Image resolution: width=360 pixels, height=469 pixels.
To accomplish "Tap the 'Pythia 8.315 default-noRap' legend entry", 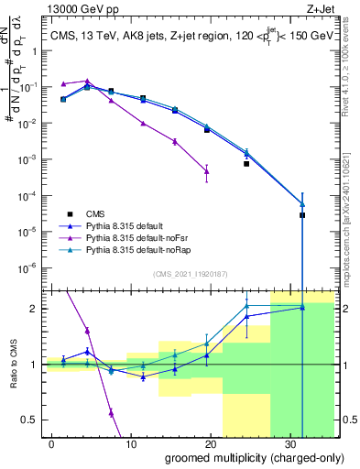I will click(x=147, y=249).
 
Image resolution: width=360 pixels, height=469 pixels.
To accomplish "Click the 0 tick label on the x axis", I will click(x=51, y=442).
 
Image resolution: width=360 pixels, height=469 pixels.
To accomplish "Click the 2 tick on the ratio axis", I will click(x=33, y=309).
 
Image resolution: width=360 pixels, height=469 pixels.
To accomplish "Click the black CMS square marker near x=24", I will click(x=246, y=164).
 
